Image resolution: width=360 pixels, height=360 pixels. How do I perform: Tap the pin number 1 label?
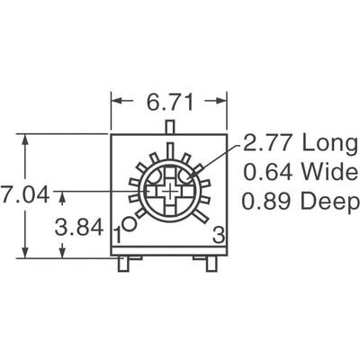118,235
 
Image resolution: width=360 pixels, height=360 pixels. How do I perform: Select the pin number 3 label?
217,235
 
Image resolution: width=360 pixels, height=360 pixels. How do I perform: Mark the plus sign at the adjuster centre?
170,192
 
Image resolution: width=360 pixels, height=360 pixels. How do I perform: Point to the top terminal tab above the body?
168,130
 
